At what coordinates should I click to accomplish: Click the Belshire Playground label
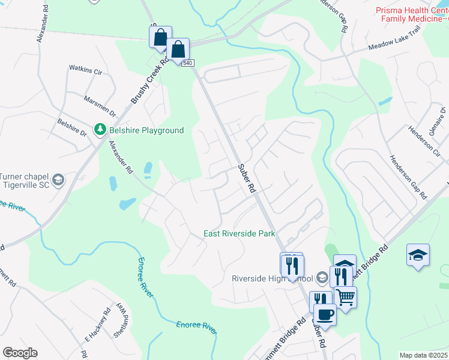146,130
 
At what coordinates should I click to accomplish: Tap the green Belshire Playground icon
100,130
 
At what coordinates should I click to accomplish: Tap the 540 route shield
188,63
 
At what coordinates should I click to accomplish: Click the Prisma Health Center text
411,11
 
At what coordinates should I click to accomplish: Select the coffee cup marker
325,314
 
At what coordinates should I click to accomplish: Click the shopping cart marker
345,296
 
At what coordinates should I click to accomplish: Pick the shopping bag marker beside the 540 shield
178,49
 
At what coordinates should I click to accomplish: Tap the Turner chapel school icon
58,179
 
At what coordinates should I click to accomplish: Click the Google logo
19,353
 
